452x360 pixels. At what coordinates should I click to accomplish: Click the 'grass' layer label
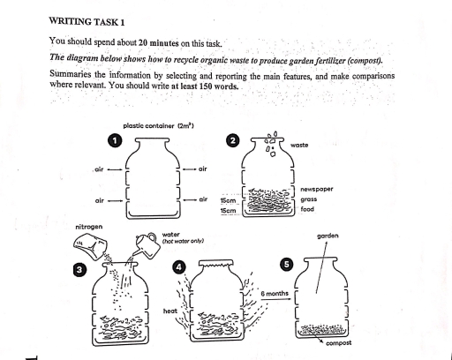(x=309, y=199)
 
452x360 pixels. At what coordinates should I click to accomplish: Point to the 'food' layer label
(x=308, y=210)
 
